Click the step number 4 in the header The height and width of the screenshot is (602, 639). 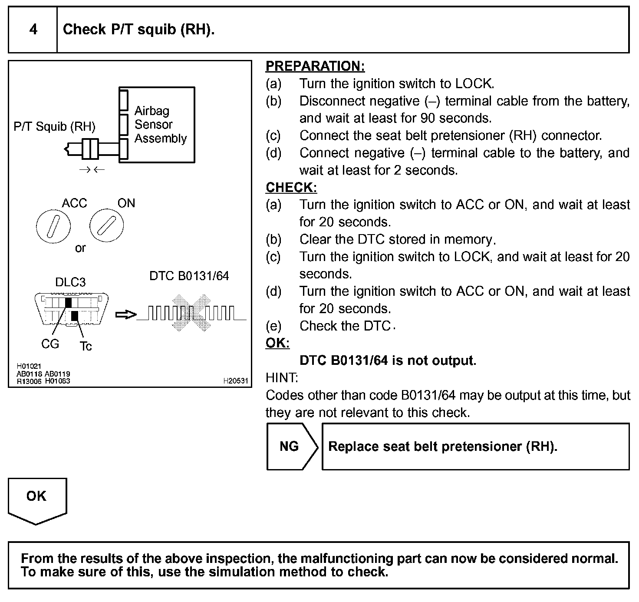point(33,30)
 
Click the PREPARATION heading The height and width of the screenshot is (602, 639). point(315,66)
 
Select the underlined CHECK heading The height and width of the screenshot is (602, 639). point(291,187)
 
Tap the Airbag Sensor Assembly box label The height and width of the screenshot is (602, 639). point(160,125)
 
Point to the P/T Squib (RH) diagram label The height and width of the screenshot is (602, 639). point(55,126)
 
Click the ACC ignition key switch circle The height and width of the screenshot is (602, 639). point(53,226)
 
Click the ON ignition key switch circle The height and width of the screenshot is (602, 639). point(107,226)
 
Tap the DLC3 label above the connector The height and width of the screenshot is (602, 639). point(70,282)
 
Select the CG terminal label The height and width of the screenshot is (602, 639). point(50,344)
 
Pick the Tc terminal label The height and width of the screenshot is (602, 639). point(86,346)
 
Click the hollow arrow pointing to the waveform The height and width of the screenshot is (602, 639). point(126,314)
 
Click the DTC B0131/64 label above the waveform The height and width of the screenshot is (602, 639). point(189,276)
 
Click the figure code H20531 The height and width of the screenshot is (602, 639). point(235,381)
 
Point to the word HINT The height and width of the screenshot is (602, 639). point(282,378)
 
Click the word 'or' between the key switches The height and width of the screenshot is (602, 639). point(80,248)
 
